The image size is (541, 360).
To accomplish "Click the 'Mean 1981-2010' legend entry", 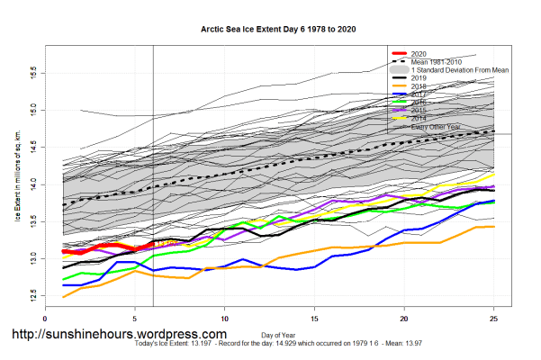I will [x=437, y=61].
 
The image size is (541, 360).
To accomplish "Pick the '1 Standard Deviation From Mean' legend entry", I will [x=460, y=69].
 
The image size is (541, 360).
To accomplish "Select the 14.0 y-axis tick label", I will [x=33, y=183].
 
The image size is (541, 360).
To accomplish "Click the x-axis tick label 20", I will [x=404, y=318].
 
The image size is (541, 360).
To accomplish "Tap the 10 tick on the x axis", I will [x=224, y=318].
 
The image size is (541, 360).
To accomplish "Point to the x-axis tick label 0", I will [x=45, y=318].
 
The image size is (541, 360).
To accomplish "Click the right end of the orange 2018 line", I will [x=493, y=227].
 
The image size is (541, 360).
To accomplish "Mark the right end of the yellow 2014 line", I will [x=493, y=175].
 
